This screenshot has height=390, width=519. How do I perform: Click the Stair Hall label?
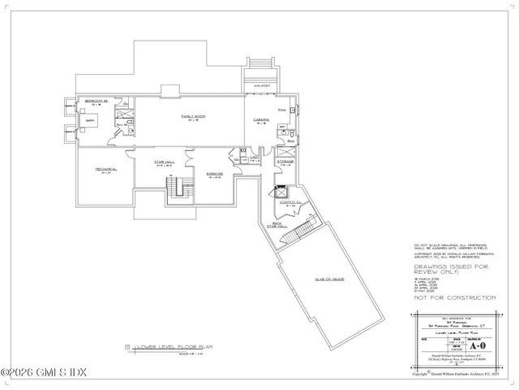click(x=165, y=162)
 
